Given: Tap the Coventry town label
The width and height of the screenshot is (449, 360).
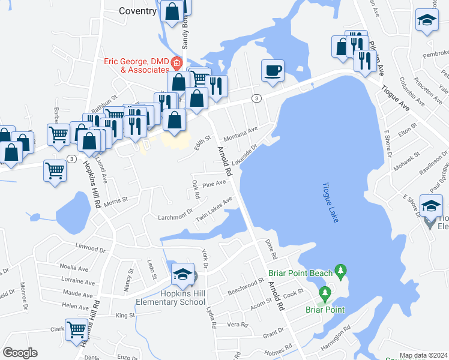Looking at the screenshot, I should coord(137,11).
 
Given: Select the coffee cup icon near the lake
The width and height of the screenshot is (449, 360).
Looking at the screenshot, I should coord(272,71).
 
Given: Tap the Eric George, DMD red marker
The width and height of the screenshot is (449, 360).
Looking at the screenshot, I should coord(176,62).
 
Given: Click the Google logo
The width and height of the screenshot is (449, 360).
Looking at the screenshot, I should coord(20,353).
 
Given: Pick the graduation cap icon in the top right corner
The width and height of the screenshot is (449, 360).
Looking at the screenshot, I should coord(427,20).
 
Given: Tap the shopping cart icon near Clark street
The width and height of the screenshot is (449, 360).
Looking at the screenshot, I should coord(76,329).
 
